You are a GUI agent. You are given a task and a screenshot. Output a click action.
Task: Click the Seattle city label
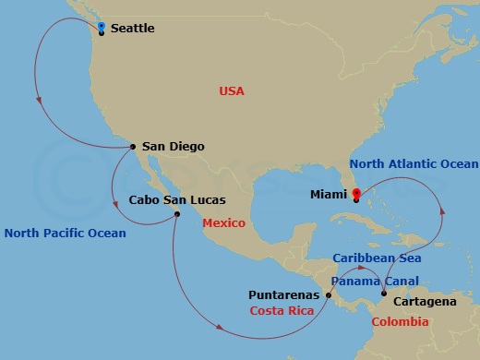tap(132, 29)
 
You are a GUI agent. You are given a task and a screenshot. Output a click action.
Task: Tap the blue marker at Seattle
tap(101, 27)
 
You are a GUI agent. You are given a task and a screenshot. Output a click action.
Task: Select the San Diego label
tap(174, 146)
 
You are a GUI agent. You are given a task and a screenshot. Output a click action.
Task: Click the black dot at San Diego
tap(133, 146)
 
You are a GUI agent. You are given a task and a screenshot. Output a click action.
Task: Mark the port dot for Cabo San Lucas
tap(177, 215)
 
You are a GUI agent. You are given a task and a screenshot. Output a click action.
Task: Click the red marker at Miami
tap(356, 193)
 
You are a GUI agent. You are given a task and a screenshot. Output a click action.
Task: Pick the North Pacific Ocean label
tap(65, 234)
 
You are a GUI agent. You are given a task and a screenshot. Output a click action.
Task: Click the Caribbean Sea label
tap(370, 260)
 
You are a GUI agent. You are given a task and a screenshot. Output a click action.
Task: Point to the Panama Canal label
tap(374, 281)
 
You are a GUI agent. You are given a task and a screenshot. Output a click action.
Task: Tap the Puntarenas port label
tap(284, 295)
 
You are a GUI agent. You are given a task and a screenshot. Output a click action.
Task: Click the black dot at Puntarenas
tap(329, 295)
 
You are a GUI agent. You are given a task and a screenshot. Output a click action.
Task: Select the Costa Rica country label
tap(282, 311)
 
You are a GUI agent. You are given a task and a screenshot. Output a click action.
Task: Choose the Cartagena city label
tap(424, 302)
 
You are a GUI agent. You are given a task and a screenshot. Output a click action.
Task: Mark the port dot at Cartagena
tap(384, 294)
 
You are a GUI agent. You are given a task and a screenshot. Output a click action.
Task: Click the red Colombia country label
tap(400, 321)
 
